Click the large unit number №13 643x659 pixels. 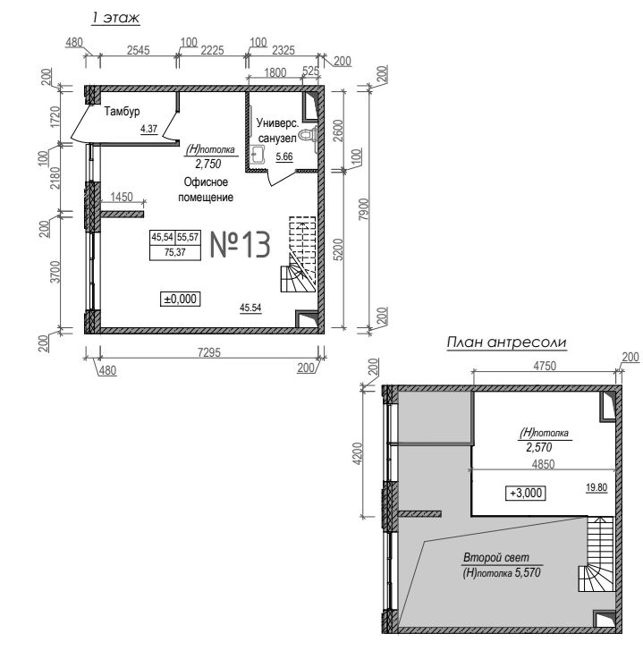click(x=240, y=244)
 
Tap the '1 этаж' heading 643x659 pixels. click(x=115, y=18)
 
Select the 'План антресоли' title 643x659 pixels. click(x=506, y=342)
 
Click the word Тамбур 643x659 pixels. click(x=122, y=112)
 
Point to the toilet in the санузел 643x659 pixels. click(x=309, y=134)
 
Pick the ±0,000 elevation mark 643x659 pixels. click(x=181, y=299)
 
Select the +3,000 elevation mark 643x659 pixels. click(x=526, y=493)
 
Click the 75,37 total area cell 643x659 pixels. click(x=175, y=252)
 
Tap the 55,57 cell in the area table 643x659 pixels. click(x=188, y=238)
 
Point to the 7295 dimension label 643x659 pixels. click(x=209, y=352)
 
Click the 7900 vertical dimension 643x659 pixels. click(x=365, y=209)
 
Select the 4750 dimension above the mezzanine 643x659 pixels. click(x=545, y=366)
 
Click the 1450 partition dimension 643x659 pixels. click(x=122, y=197)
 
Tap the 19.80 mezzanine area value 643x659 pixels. click(x=596, y=487)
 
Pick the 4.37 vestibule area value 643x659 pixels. click(x=148, y=129)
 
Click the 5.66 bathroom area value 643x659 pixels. click(x=284, y=156)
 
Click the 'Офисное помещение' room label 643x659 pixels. click(x=206, y=190)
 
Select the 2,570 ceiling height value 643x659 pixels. click(x=538, y=447)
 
